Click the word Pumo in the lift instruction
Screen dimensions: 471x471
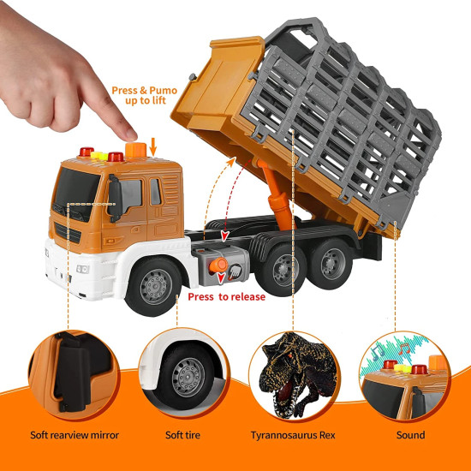pyautogui.click(x=163, y=91)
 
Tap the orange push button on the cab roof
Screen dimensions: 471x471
pyautogui.click(x=136, y=150)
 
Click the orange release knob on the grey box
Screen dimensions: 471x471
pyautogui.click(x=218, y=265)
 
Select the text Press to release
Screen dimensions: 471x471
pyautogui.click(x=227, y=297)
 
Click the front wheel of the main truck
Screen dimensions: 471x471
pyautogui.click(x=154, y=286)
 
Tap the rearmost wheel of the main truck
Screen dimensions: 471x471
pyautogui.click(x=331, y=264)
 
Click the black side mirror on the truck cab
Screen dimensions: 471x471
pyautogui.click(x=115, y=199)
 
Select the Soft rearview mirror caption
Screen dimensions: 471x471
pyautogui.click(x=75, y=435)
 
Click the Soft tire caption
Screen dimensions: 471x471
pyautogui.click(x=182, y=435)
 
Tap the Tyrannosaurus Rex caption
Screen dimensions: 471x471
pyautogui.click(x=293, y=435)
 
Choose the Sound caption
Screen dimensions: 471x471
pyautogui.click(x=410, y=435)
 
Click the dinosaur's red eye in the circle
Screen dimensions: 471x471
pyautogui.click(x=290, y=356)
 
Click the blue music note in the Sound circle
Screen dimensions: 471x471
pyautogui.click(x=378, y=352)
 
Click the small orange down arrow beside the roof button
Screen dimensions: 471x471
pyautogui.click(x=153, y=147)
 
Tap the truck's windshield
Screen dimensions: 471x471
pyautogui.click(x=75, y=194)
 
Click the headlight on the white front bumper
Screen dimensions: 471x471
pyautogui.click(x=82, y=269)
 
